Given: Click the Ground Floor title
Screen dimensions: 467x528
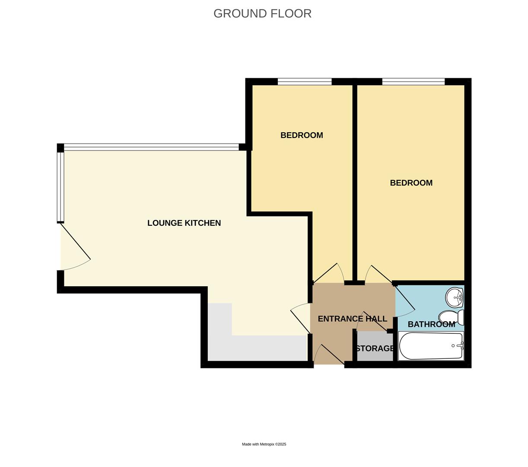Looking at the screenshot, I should click(x=262, y=13).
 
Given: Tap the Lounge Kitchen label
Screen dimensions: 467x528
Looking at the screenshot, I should click(x=184, y=223).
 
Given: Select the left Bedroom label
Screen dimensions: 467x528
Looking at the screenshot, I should click(x=302, y=135).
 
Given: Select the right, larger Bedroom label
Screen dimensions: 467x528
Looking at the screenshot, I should click(x=411, y=183).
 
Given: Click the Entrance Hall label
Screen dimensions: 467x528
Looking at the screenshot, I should click(x=352, y=319).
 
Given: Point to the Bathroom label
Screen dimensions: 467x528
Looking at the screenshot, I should click(x=431, y=324).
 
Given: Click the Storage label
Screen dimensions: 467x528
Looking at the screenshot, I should click(x=375, y=349).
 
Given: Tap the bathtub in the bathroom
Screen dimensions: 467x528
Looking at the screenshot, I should click(x=431, y=346).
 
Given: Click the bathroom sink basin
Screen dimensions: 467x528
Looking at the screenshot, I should click(x=455, y=297).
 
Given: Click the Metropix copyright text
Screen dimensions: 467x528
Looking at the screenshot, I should click(x=264, y=444).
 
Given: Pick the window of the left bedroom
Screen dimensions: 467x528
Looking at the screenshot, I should click(x=304, y=82).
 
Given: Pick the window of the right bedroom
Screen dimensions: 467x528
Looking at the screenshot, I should click(x=413, y=82).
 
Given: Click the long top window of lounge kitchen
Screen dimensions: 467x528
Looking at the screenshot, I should click(x=151, y=147).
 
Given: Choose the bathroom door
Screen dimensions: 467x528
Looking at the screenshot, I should click(x=405, y=298).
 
